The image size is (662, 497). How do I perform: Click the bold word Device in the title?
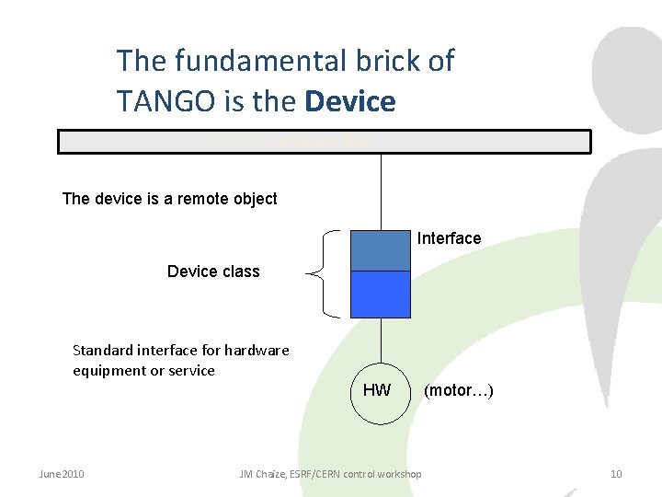click(349, 100)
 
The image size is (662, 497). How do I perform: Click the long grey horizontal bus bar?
click(324, 142)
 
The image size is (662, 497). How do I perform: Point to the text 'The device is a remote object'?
click(169, 199)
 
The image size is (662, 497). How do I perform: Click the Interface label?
click(449, 238)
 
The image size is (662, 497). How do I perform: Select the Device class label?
click(213, 272)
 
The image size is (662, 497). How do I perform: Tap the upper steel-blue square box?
click(381, 249)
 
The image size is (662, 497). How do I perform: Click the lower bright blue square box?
click(381, 294)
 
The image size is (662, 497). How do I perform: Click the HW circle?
click(378, 391)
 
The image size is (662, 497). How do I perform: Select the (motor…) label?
click(458, 391)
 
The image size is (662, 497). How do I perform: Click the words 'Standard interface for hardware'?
click(180, 350)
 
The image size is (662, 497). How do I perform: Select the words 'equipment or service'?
click(143, 371)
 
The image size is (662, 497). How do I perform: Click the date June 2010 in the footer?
click(62, 474)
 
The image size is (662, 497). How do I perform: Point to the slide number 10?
click(616, 474)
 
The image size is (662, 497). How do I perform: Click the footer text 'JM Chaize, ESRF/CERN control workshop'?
click(330, 474)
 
